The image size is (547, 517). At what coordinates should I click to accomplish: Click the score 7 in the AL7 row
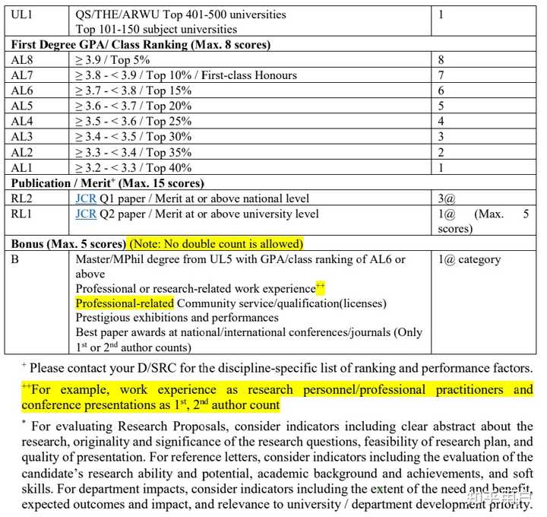coord(441,75)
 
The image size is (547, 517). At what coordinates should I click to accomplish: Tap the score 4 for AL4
coord(441,122)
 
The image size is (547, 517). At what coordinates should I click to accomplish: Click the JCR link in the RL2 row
coord(86,198)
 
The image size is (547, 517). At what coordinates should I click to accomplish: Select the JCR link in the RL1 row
coord(86,214)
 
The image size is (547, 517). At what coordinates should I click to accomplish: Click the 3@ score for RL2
coord(446,198)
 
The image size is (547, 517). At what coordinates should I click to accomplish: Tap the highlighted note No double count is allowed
coord(216,244)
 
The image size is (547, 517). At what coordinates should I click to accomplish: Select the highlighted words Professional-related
coord(125,303)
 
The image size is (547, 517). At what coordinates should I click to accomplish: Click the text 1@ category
coord(470,259)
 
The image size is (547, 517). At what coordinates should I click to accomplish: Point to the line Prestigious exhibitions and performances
coord(177,318)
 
